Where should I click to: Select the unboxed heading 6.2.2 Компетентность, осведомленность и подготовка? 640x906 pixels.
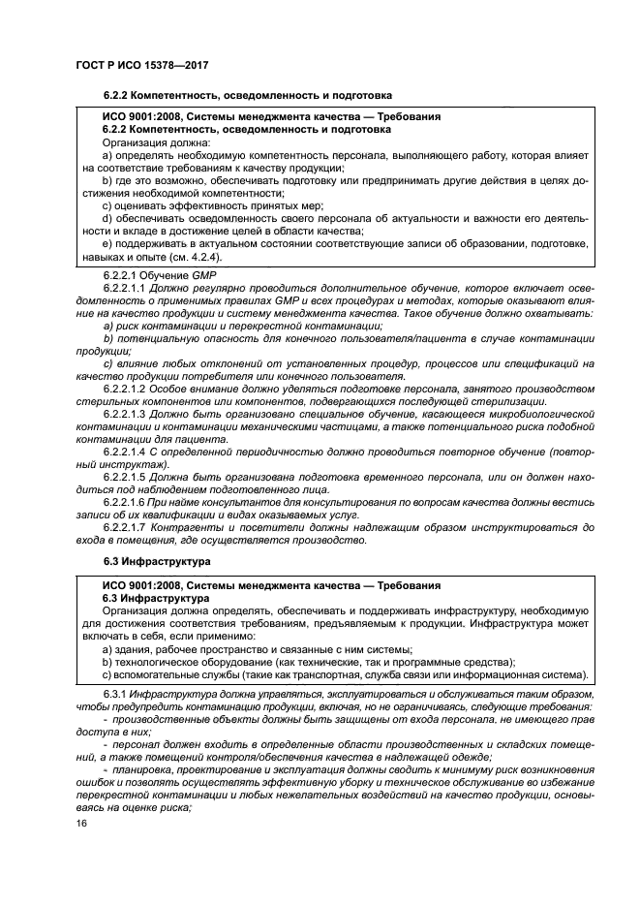[247, 96]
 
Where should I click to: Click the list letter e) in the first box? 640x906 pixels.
[107, 245]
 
